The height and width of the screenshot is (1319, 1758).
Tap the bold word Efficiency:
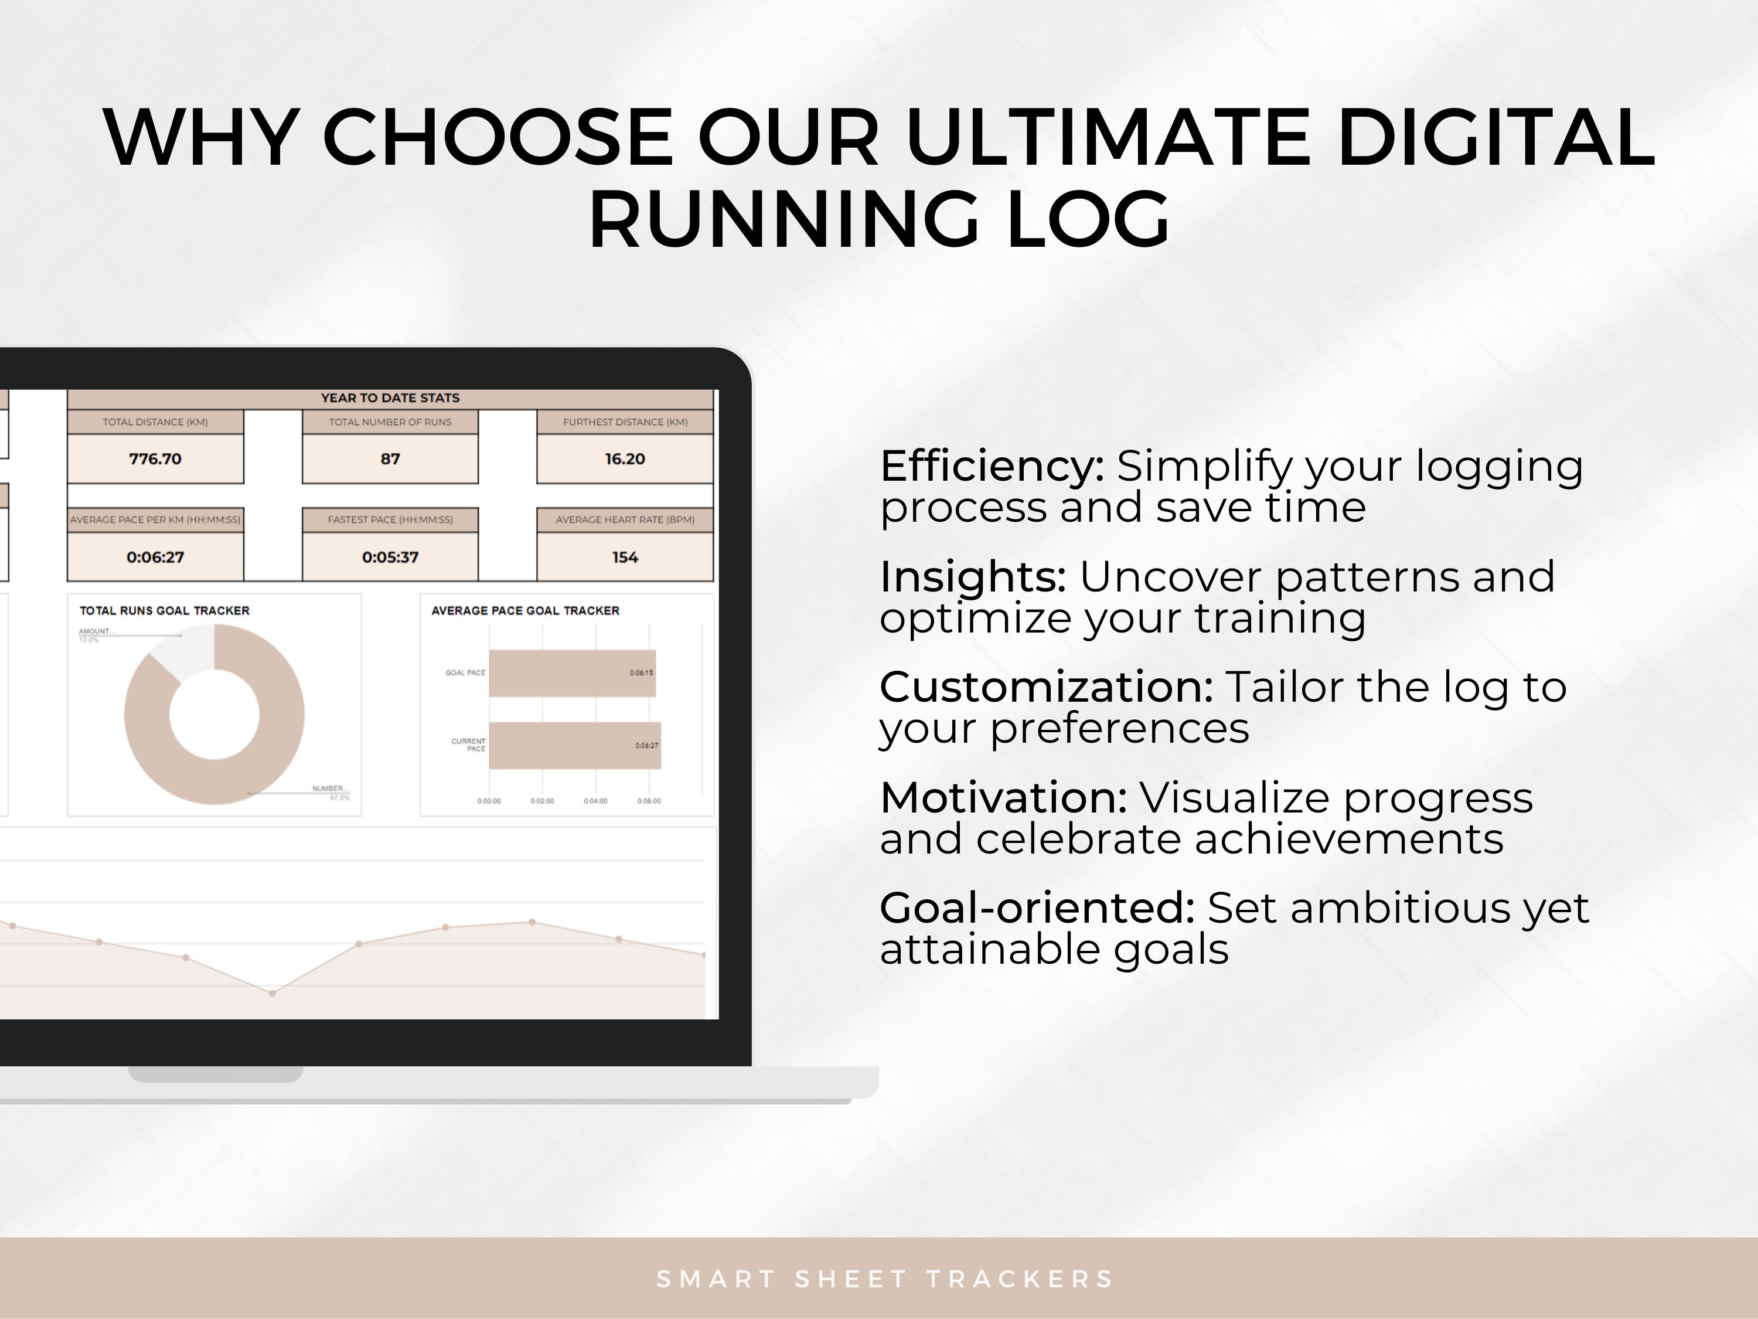click(x=991, y=466)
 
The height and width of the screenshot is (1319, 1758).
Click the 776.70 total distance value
click(x=155, y=459)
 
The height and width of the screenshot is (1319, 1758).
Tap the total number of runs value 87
click(x=390, y=459)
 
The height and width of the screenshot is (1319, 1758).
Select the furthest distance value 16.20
click(x=625, y=459)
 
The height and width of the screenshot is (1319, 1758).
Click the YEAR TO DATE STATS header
click(x=390, y=397)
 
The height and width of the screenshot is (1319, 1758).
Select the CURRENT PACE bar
click(x=574, y=746)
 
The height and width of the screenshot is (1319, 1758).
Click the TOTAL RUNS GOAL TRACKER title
click(x=165, y=611)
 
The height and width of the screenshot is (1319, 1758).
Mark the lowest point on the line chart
click(x=272, y=993)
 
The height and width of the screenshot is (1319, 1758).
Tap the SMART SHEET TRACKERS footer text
click(x=884, y=1279)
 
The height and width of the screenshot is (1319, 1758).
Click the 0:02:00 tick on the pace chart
click(x=542, y=801)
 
